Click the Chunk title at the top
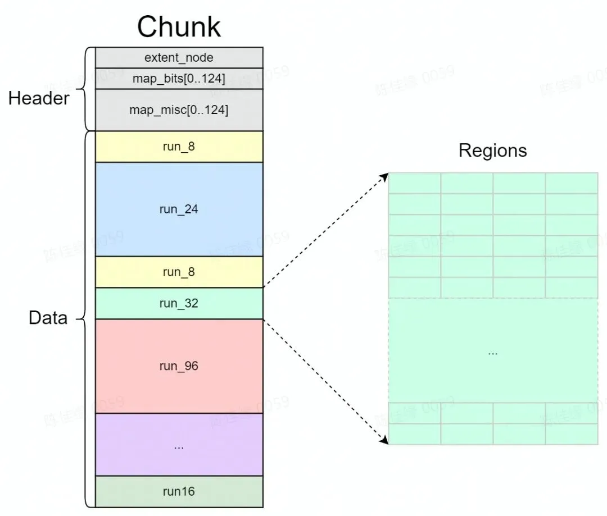[x=179, y=26]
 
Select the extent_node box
[x=179, y=57]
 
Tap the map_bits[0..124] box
[x=179, y=78]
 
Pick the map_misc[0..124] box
[x=179, y=109]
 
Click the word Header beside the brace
[x=39, y=99]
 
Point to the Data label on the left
[x=48, y=318]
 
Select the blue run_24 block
[x=179, y=209]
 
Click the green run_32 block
[x=179, y=304]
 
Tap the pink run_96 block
[x=179, y=366]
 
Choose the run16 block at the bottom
[x=179, y=491]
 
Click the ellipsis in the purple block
[x=179, y=446]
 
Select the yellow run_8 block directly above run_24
[x=179, y=147]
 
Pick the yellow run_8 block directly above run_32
[x=179, y=272]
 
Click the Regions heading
[x=492, y=150]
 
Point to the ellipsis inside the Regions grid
[x=492, y=353]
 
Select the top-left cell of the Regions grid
[x=414, y=183]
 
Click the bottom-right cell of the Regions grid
[x=571, y=434]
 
